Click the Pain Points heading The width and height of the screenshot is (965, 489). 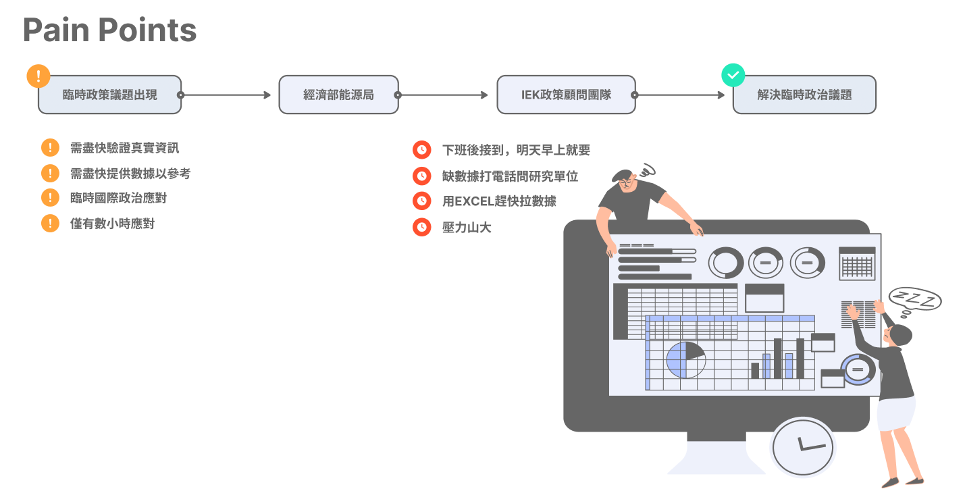coord(109,31)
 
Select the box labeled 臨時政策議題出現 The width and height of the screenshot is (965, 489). coord(109,95)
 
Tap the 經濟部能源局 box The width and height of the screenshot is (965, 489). coord(338,95)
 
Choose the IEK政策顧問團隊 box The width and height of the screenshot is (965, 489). coord(566,95)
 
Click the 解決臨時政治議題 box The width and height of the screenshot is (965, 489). coord(804,95)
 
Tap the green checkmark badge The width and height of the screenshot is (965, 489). coord(733,75)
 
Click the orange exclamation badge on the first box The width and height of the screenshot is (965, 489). coord(38,76)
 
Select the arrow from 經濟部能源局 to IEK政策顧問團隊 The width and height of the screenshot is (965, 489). coord(443,95)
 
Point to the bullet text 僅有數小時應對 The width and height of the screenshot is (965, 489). coord(112,224)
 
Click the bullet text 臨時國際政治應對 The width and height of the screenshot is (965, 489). coord(118,198)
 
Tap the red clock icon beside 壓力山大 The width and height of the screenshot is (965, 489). coord(422,227)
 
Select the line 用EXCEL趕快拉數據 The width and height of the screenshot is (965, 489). coord(499,201)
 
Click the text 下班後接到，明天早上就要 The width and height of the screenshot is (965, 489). coord(516,150)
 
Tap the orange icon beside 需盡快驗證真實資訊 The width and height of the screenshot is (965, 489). coord(50,148)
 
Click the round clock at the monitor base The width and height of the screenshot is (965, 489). coord(802,447)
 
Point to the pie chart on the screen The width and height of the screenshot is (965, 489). coord(685,360)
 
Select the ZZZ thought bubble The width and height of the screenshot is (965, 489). coord(915,299)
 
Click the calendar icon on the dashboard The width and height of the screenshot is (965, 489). coord(857,263)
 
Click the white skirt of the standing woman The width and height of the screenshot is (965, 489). coord(896,413)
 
